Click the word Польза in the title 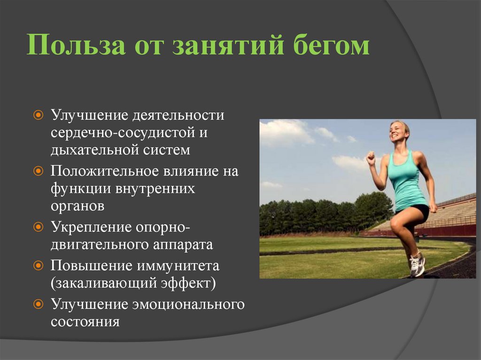click(x=77, y=45)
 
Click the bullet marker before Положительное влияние click(x=38, y=171)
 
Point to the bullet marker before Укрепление click(x=38, y=227)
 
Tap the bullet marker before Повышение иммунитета click(x=38, y=265)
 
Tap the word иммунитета click(x=178, y=266)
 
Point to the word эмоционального click(x=189, y=305)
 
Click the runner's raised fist click(x=371, y=157)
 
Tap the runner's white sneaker click(x=417, y=264)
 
